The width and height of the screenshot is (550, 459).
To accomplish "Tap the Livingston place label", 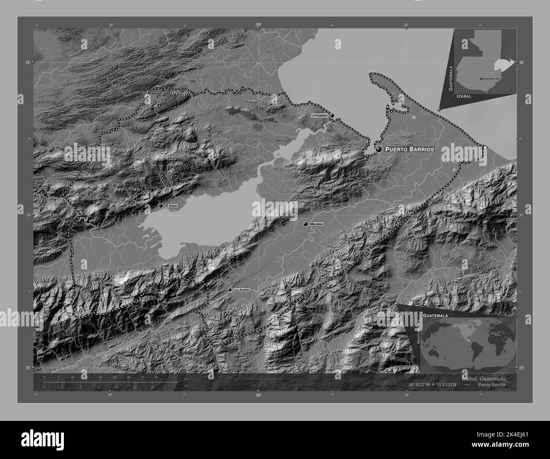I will pos(319,115).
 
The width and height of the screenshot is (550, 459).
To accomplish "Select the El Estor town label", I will pos(172,205).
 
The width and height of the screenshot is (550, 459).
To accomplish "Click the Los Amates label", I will pos(242,290).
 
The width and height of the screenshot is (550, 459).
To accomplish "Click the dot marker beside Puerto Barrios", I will pos(379,149).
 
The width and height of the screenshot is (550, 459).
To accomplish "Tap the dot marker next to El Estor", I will pos(161,205).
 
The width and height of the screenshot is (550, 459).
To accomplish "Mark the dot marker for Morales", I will pos(305,224).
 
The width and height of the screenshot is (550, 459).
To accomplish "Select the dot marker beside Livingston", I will pos(332,115).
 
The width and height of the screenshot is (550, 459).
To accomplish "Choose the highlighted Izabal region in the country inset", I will pos(501,66).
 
